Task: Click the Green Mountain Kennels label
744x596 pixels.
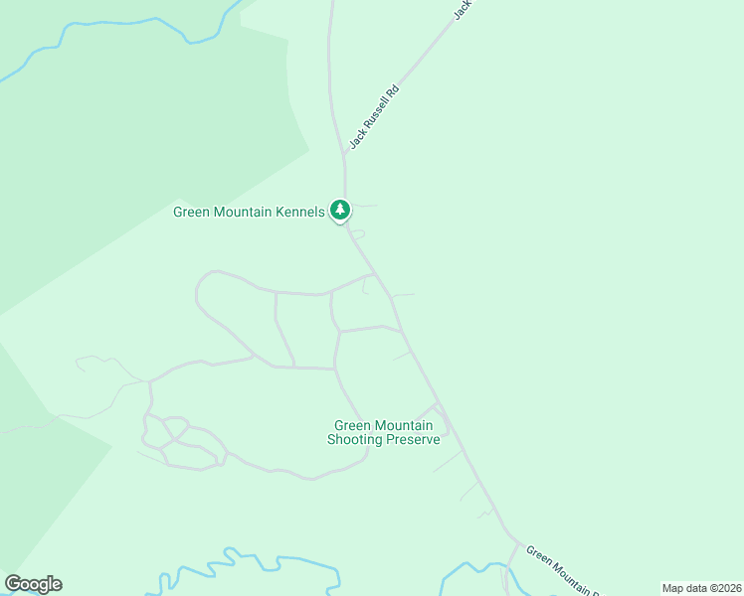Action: point(249,212)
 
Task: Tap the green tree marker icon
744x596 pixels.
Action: point(341,211)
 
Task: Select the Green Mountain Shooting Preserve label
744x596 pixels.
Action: point(383,432)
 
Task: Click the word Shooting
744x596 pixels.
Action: point(356,439)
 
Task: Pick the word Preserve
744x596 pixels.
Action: point(413,439)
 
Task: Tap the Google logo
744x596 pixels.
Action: point(33,583)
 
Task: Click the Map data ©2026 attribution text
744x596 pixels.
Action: point(701,588)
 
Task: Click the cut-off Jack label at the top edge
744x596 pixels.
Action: point(462,9)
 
